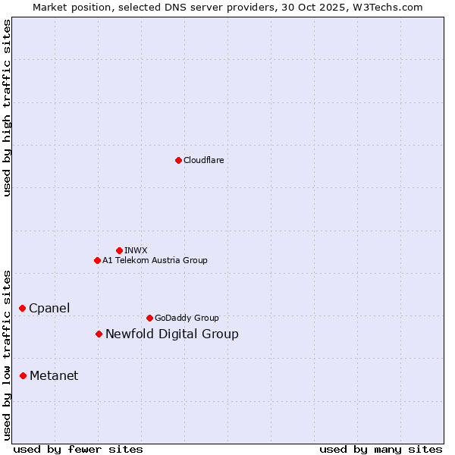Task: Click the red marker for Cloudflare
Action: (178, 160)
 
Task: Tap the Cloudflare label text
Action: (204, 160)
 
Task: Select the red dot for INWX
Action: (119, 250)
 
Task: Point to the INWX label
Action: (136, 250)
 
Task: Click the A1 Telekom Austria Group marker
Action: (97, 260)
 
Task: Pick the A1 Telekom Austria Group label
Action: (155, 260)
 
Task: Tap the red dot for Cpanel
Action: (23, 308)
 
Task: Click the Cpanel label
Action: (49, 308)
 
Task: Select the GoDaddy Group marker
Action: (149, 318)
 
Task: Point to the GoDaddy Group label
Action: (187, 318)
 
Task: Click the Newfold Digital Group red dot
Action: (99, 334)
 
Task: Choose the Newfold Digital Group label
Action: (172, 334)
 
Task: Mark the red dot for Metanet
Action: (24, 375)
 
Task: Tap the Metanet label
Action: (54, 375)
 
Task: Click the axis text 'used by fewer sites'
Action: (78, 449)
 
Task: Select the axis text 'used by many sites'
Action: (381, 449)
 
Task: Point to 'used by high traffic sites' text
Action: (7, 108)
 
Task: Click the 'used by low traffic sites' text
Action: (7, 355)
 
